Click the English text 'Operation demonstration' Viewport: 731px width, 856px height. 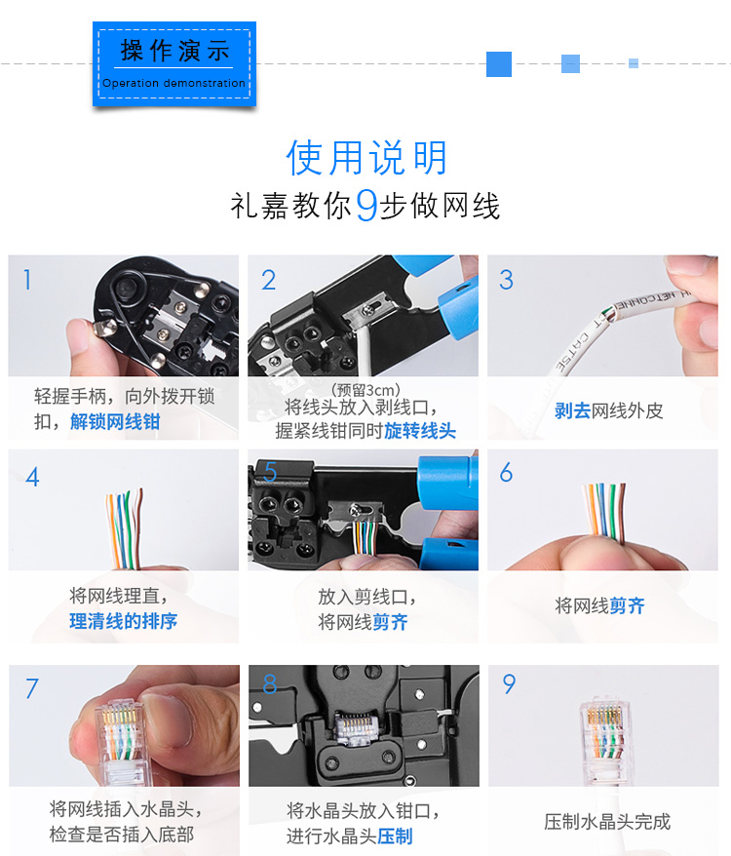coord(173,83)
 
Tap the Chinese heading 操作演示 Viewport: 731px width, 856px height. coord(174,51)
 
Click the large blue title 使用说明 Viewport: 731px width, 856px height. coord(366,157)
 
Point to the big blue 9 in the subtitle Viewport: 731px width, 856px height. coord(366,206)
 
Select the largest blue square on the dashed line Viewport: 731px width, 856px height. coord(499,64)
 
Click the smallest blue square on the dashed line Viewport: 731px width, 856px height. coord(634,63)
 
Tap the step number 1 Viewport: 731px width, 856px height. coord(26,280)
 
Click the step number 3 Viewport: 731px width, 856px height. coord(506,280)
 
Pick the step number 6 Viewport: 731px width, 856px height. coord(506,472)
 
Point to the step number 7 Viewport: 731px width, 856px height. coord(32,688)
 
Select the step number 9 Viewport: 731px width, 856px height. coord(509,684)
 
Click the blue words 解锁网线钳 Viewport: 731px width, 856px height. coord(115,421)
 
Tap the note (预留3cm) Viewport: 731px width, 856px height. coord(365,390)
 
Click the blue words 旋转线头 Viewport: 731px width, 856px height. coord(420,430)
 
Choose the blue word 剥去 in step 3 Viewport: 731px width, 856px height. coord(572,410)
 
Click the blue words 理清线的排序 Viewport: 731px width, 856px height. coord(124,621)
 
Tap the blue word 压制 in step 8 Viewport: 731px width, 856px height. coord(395,836)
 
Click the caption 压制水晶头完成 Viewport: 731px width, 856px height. coord(607,821)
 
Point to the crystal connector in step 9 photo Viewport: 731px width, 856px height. coord(604,737)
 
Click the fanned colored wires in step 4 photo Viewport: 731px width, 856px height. coord(124,528)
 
